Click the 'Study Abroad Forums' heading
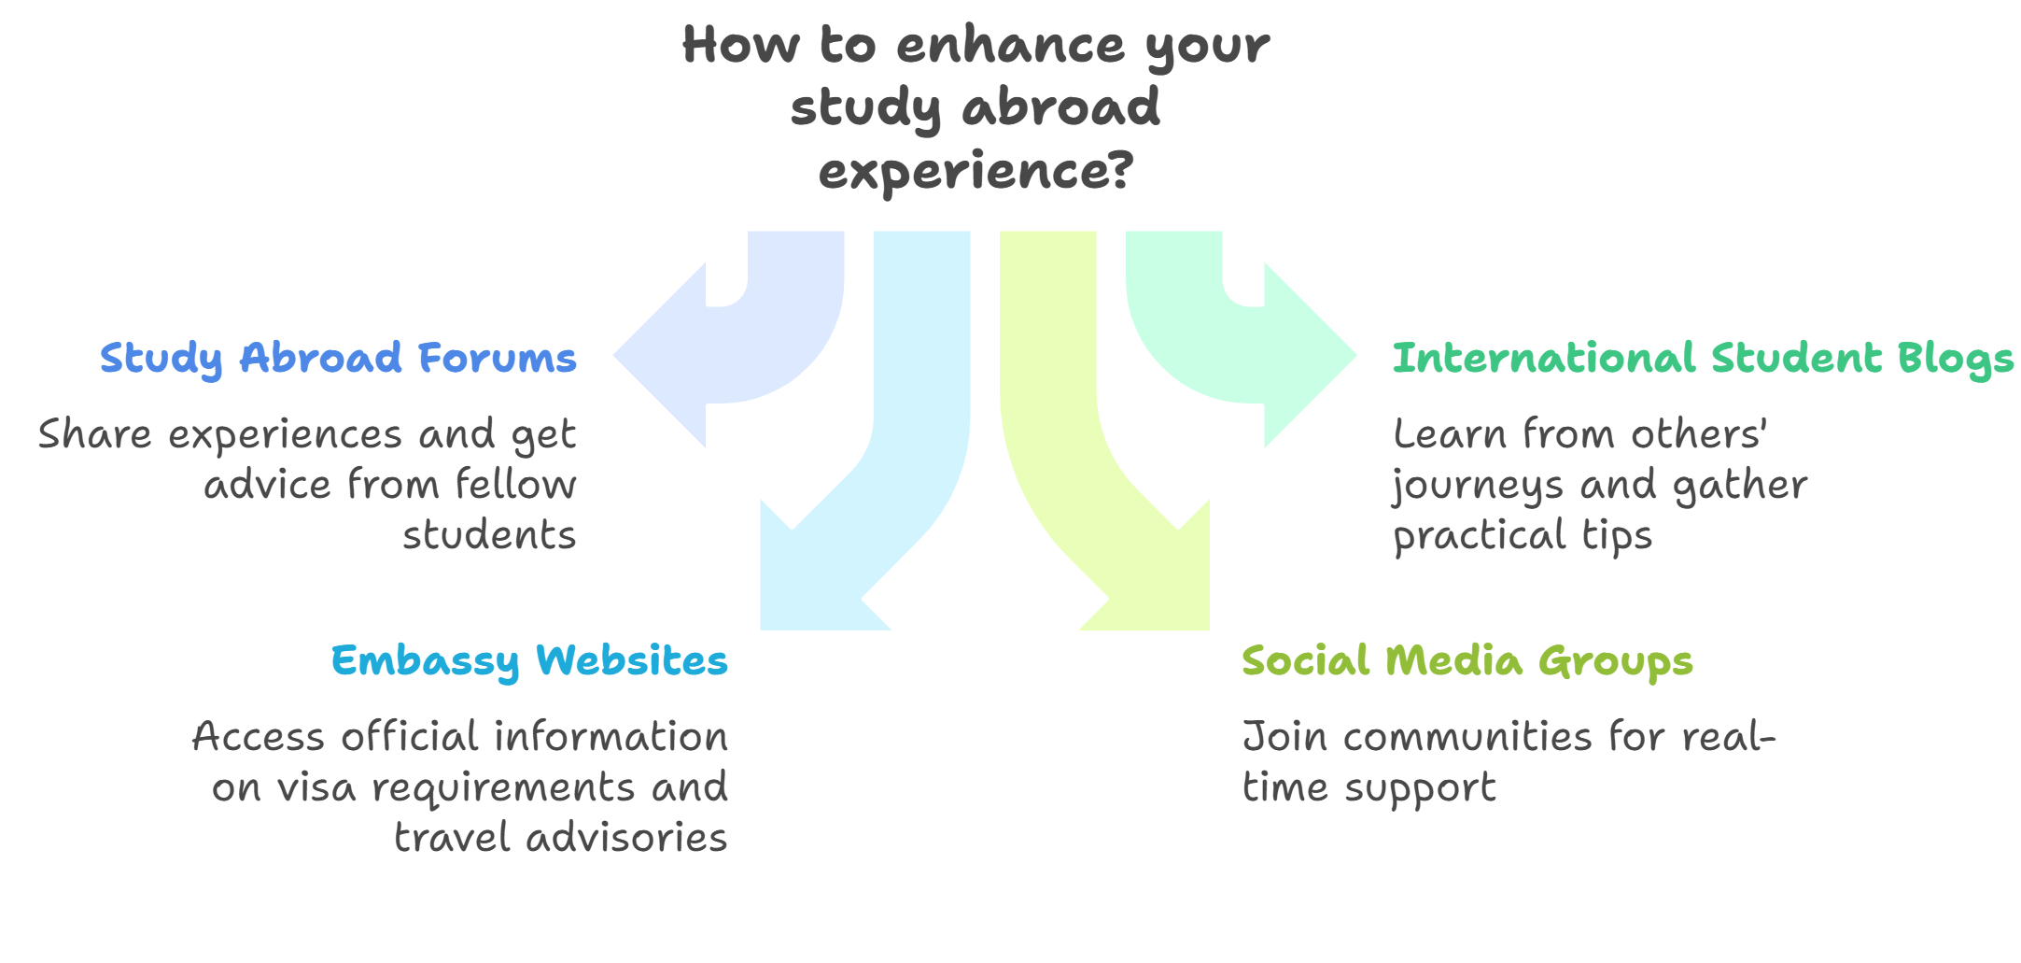[338, 358]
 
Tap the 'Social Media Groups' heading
[1467, 661]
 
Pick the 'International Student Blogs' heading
[1703, 358]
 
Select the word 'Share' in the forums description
[94, 434]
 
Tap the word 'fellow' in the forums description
[515, 485]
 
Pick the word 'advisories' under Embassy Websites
[626, 838]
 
